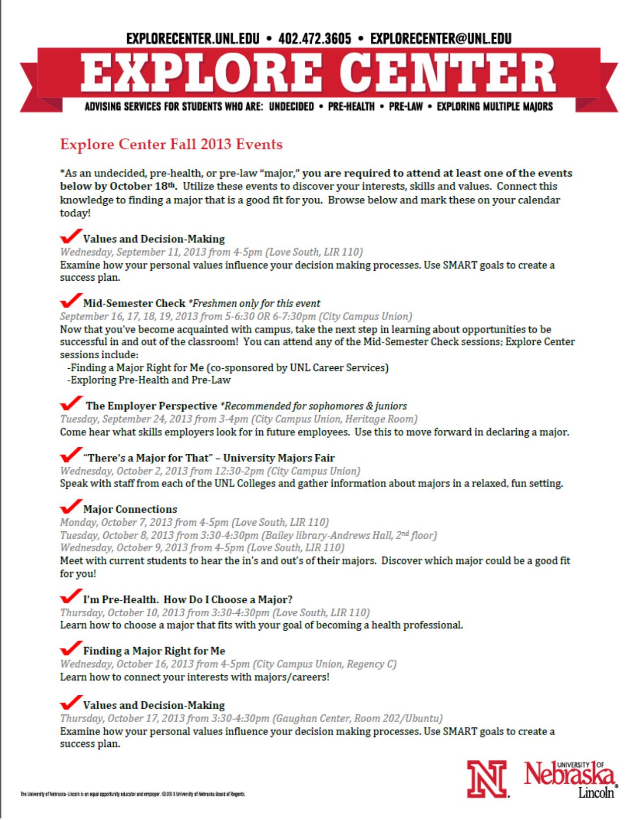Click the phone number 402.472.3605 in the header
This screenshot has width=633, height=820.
coord(315,38)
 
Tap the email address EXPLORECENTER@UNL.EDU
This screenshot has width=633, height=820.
coord(441,38)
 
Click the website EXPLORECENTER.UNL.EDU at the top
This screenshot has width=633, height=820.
coord(193,38)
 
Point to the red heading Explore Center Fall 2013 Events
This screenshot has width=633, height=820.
coord(171,145)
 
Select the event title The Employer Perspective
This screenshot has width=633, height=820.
coord(151,406)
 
